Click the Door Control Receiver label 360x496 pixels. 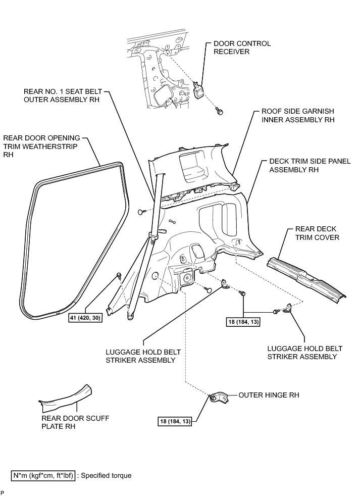(242, 47)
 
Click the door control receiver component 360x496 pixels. (199, 91)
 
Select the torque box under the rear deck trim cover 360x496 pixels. (243, 321)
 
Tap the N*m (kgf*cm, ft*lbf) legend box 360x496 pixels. (43, 475)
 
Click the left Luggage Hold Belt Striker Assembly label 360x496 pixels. (141, 356)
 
